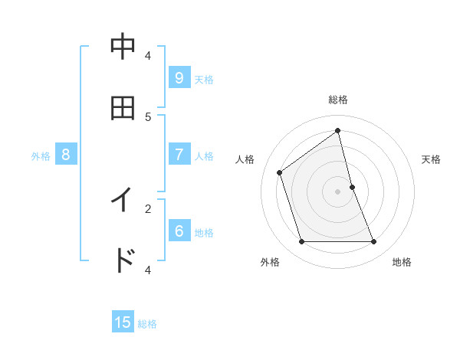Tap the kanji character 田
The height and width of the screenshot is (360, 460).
coord(123,108)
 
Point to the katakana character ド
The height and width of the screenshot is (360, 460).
coord(123,260)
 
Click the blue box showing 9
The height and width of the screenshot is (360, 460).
coord(179,78)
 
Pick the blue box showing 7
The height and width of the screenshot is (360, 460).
coord(179,155)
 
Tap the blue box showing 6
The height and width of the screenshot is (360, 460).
coord(179,231)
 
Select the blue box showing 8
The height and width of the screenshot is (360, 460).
coord(66,155)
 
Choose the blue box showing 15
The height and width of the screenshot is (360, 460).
coord(123,322)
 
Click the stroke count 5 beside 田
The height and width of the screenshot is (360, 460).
coord(148,116)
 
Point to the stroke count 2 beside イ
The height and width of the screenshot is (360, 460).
coord(148,208)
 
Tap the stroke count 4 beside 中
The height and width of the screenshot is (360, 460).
coord(148,55)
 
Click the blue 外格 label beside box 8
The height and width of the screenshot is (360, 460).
coord(41,155)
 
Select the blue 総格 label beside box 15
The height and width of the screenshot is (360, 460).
coord(147,323)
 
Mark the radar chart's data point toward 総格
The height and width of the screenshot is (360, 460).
coord(338,130)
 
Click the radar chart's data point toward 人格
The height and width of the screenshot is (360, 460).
coord(280,172)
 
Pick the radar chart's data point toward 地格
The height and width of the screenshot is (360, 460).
coord(374,242)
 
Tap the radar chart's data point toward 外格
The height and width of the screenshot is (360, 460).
coord(302,242)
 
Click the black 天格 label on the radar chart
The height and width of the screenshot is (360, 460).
coord(432,159)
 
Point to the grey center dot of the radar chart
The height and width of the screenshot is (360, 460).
coord(338,191)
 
